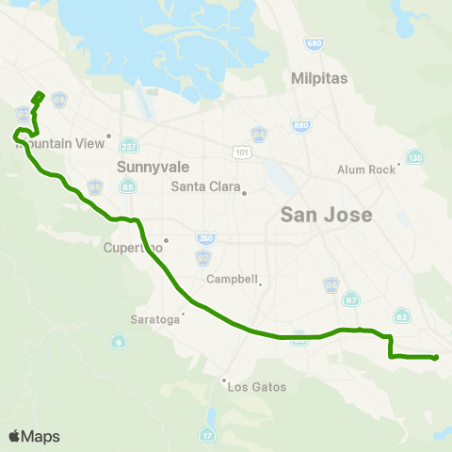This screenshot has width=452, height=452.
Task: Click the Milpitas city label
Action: pos(320,78)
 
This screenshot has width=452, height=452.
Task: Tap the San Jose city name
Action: pos(327,215)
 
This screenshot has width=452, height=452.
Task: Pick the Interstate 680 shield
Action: pos(314,43)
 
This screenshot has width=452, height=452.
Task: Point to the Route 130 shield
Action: pos(413,156)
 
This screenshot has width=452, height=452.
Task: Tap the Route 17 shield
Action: pos(206,434)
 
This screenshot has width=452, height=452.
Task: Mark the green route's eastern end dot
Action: pos(435,357)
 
